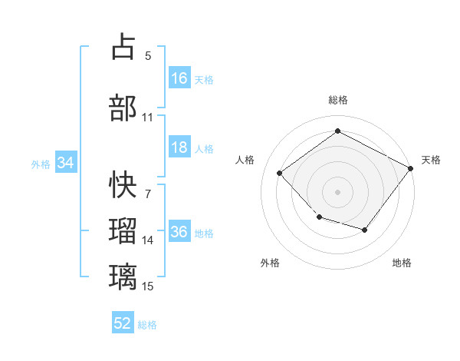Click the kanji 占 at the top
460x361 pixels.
pyautogui.click(x=123, y=46)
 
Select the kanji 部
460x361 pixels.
pyautogui.click(x=123, y=108)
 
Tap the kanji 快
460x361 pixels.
pyautogui.click(x=123, y=184)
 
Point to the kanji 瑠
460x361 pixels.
pyautogui.click(x=123, y=230)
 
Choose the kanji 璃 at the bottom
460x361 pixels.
pyautogui.click(x=123, y=277)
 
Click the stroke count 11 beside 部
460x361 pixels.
pyautogui.click(x=147, y=118)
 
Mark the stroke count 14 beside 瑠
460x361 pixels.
pyautogui.click(x=147, y=240)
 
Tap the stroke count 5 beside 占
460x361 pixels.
pyautogui.click(x=148, y=56)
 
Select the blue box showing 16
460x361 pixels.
pyautogui.click(x=180, y=78)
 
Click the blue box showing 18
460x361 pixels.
pyautogui.click(x=180, y=147)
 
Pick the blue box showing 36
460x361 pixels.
pyautogui.click(x=180, y=230)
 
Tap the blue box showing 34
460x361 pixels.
pyautogui.click(x=66, y=162)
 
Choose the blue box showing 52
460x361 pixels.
pyautogui.click(x=123, y=322)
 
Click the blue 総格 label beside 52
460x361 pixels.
pyautogui.click(x=147, y=325)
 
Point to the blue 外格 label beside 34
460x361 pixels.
pyautogui.click(x=41, y=164)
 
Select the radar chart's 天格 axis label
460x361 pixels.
pyautogui.click(x=431, y=160)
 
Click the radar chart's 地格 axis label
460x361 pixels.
pyautogui.click(x=402, y=263)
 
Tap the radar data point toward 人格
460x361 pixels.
pyautogui.click(x=280, y=173)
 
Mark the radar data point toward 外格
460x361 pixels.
pyautogui.click(x=320, y=217)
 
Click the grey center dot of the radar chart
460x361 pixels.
pyautogui.click(x=337, y=192)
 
